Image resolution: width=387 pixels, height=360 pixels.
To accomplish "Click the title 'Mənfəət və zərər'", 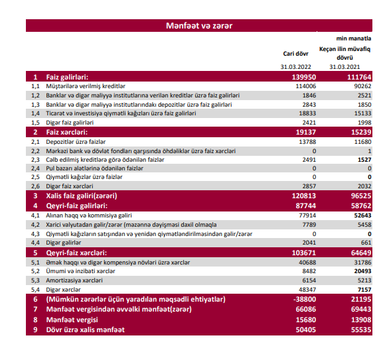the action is click(x=199, y=26).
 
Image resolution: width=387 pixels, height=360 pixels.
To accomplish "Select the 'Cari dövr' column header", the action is click(x=295, y=54).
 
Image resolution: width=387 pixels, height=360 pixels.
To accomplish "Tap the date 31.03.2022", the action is click(x=295, y=67).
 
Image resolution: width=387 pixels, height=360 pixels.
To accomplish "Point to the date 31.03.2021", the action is click(x=345, y=67).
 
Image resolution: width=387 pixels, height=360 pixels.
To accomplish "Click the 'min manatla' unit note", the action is click(x=353, y=38).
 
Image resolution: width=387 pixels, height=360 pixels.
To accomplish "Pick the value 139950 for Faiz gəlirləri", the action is click(x=304, y=77).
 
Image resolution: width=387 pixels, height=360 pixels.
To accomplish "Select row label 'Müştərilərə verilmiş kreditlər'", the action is click(x=86, y=86).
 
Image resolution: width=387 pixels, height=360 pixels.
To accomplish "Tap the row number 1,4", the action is click(x=35, y=113).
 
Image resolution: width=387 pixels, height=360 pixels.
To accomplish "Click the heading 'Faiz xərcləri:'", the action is click(x=67, y=132).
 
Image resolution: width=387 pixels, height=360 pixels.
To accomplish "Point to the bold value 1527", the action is click(x=364, y=160).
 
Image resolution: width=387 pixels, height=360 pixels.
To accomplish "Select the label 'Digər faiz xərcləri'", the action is click(x=70, y=186).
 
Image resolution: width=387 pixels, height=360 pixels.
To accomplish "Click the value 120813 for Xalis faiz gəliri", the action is click(x=304, y=196).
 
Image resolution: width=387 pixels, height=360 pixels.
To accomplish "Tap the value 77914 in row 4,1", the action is click(x=307, y=215).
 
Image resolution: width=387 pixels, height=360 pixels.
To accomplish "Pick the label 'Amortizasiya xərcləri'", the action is click(x=74, y=280).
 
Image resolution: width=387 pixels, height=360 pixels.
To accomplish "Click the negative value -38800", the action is click(x=305, y=300).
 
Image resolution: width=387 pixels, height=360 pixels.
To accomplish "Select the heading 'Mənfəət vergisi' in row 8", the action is click(x=72, y=320).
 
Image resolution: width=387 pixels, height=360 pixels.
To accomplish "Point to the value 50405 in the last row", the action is click(x=306, y=330).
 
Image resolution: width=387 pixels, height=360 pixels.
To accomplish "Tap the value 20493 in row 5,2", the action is click(x=362, y=271).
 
